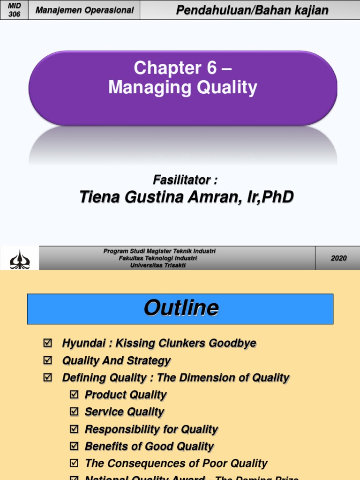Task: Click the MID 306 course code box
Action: coord(14,10)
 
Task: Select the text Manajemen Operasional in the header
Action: coord(84,10)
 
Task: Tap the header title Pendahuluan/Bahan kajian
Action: coord(252,10)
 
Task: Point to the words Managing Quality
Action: coord(183,88)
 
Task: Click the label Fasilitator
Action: coord(185,180)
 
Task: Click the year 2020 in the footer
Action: coord(338,258)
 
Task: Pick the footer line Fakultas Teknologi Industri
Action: coord(158,258)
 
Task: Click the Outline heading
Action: coord(180,308)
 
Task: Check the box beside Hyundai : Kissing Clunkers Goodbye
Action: coord(47,344)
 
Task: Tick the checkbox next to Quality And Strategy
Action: coord(47,360)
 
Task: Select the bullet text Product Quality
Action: coord(126,395)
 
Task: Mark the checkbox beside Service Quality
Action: coord(74,412)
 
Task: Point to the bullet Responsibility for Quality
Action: coord(151,429)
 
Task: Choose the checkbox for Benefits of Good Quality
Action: coord(74,446)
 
